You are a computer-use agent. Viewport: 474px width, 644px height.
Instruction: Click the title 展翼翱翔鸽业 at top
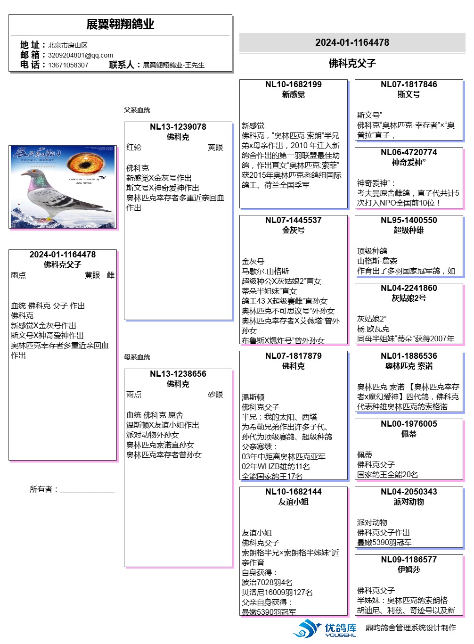tap(120, 25)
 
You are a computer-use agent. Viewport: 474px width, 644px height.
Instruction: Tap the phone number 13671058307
tap(68, 65)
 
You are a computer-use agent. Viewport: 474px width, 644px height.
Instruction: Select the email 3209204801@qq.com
tap(80, 55)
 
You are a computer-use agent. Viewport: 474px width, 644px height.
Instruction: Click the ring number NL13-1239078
tap(178, 127)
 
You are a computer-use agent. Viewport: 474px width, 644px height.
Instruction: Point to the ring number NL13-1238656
tap(178, 374)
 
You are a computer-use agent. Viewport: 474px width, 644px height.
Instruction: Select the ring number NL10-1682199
tap(293, 84)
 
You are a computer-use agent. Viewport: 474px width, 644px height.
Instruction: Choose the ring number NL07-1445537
tap(293, 220)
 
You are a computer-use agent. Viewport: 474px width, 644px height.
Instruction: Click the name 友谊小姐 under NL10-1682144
tap(293, 502)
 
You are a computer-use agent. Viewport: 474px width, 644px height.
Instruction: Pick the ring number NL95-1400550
tap(409, 220)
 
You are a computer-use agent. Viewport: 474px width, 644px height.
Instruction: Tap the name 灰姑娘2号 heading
tap(409, 298)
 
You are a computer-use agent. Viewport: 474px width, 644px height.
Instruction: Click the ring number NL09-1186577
tap(409, 560)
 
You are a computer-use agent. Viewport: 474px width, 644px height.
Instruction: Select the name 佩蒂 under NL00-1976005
tap(409, 434)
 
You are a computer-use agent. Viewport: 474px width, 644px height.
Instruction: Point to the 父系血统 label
tap(137, 110)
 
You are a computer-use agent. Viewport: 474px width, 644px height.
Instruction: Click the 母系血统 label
tap(137, 357)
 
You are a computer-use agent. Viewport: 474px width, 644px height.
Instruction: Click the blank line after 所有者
tap(87, 490)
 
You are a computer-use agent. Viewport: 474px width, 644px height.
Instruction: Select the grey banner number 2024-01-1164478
tap(352, 42)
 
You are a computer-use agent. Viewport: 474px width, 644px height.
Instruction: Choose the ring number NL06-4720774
tap(409, 152)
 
